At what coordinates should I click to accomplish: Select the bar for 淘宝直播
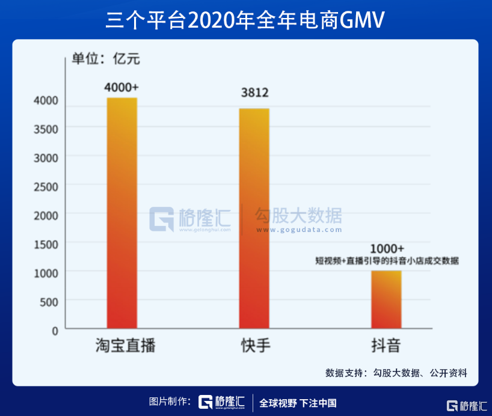point(122,213)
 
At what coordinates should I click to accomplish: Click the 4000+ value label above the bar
point(122,87)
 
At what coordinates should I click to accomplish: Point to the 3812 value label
point(254,94)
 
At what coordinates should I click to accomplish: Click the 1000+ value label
point(386,248)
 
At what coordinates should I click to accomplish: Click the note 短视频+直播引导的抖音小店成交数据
point(387,261)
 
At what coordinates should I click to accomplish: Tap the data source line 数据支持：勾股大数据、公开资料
point(396,372)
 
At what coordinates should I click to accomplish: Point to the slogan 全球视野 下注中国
point(298,403)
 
